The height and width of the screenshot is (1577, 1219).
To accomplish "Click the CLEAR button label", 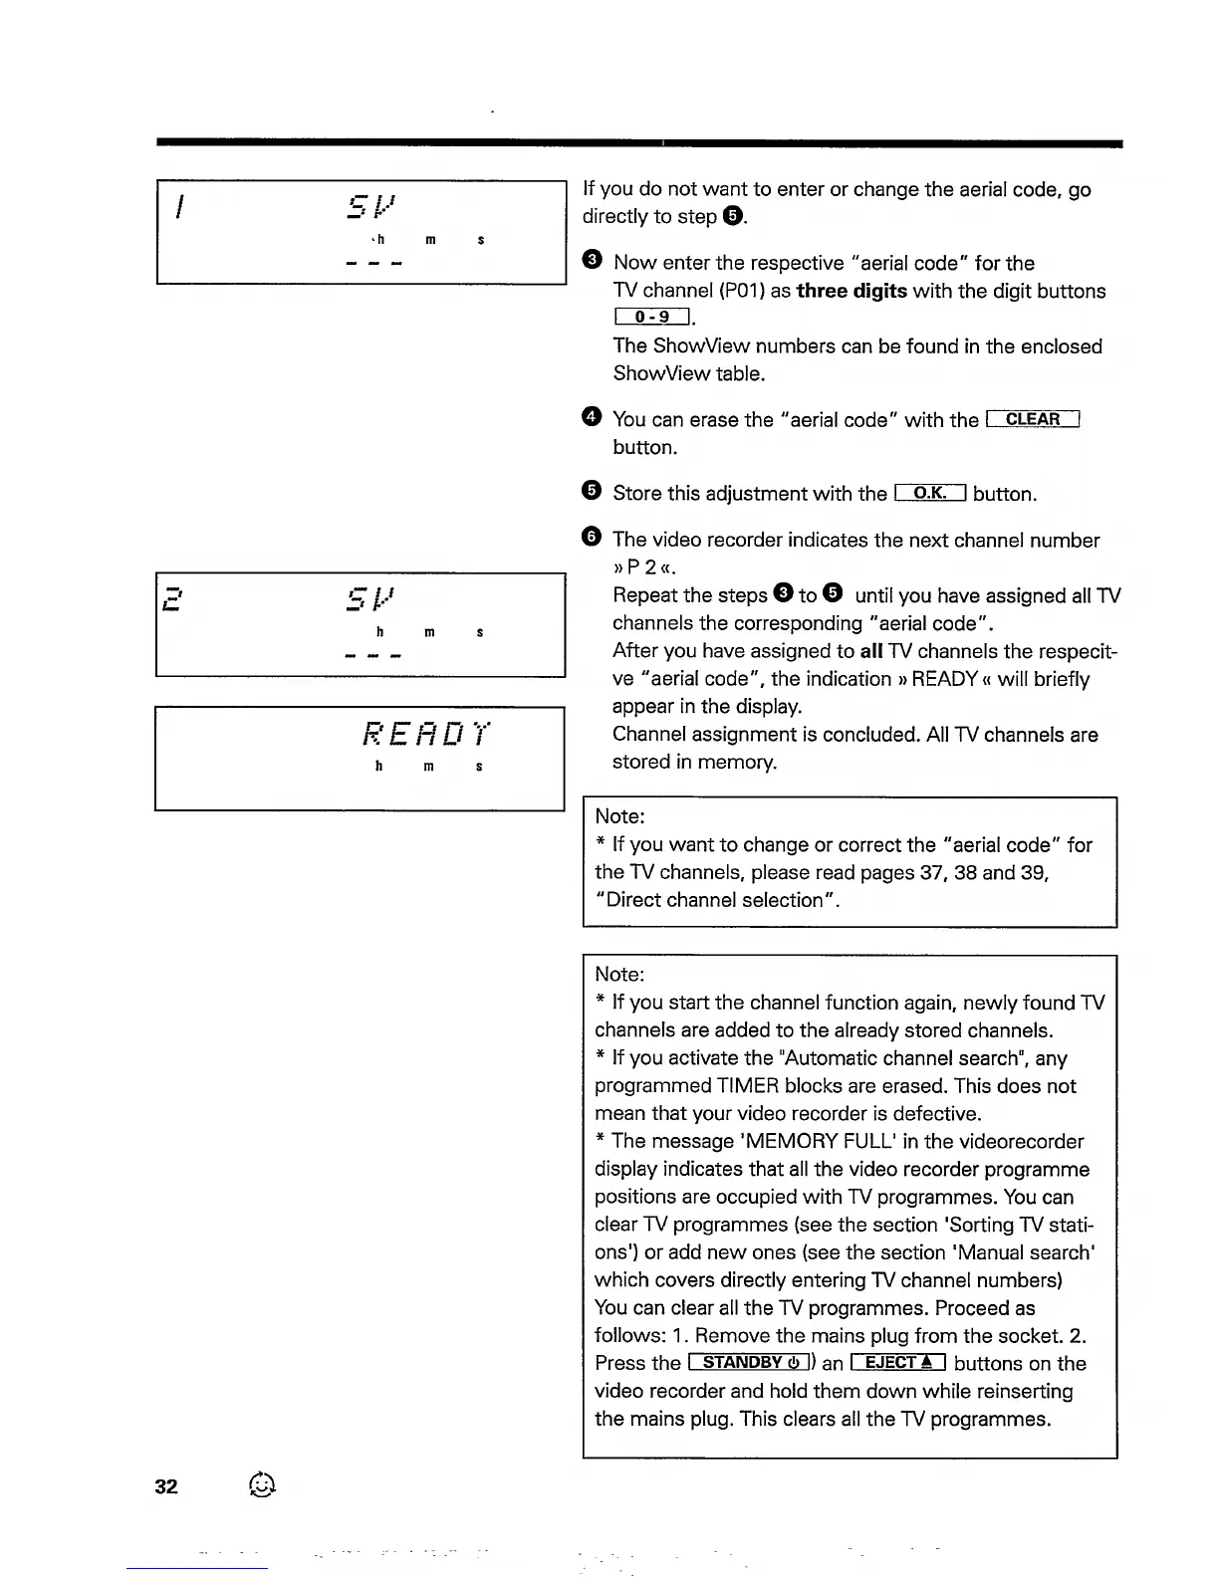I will [1033, 419].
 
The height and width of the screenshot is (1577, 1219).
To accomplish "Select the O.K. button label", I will [930, 493].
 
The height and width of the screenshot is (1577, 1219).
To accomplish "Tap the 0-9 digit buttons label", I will [652, 318].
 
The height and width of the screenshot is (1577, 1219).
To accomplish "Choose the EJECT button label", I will [897, 1363].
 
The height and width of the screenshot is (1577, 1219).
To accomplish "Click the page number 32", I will [166, 1486].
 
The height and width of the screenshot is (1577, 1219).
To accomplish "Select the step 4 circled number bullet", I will [592, 418].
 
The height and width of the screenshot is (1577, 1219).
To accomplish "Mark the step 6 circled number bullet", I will [592, 539].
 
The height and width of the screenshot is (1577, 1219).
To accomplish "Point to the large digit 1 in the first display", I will [179, 206].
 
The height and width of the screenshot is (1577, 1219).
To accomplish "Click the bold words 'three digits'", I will [852, 291].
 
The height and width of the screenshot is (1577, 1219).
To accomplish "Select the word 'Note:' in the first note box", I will [619, 816].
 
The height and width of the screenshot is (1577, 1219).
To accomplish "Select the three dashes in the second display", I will [371, 656].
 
